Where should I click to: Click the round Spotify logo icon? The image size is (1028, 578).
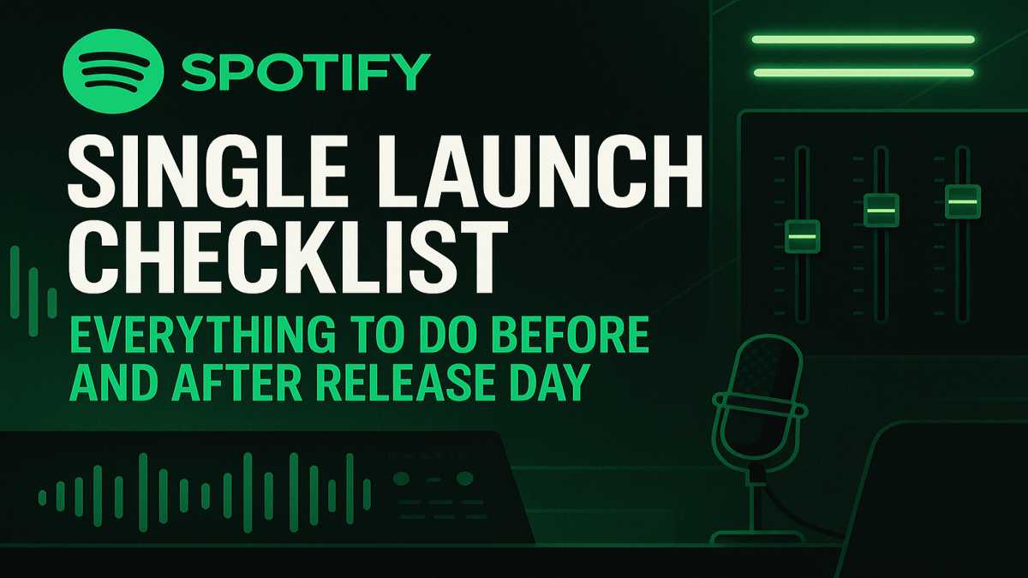pyautogui.click(x=113, y=71)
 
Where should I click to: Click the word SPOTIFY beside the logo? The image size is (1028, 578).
pyautogui.click(x=306, y=72)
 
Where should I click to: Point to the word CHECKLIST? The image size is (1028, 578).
pyautogui.click(x=288, y=259)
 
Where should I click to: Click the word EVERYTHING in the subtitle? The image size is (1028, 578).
pyautogui.click(x=202, y=335)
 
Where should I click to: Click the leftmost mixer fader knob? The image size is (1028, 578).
pyautogui.click(x=802, y=236)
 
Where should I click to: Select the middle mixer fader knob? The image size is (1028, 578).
pyautogui.click(x=882, y=211)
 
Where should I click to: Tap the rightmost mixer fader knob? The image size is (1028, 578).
pyautogui.click(x=963, y=202)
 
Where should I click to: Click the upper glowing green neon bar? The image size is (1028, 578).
pyautogui.click(x=864, y=39)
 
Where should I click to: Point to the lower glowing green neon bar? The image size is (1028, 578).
pyautogui.click(x=864, y=73)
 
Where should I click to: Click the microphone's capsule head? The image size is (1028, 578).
pyautogui.click(x=756, y=398)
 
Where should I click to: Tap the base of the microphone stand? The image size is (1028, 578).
pyautogui.click(x=756, y=537)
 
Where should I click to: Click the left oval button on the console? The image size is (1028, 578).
pyautogui.click(x=402, y=479)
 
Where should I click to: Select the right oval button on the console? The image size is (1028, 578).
pyautogui.click(x=464, y=479)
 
